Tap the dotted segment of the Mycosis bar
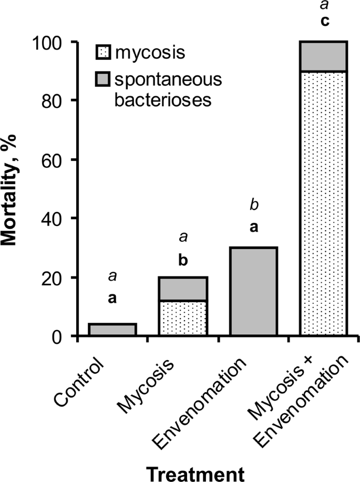183,318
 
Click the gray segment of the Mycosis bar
183,289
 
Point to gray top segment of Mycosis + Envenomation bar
323,56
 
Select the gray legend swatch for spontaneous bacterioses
102,79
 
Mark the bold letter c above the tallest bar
323,25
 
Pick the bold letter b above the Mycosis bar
183,260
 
